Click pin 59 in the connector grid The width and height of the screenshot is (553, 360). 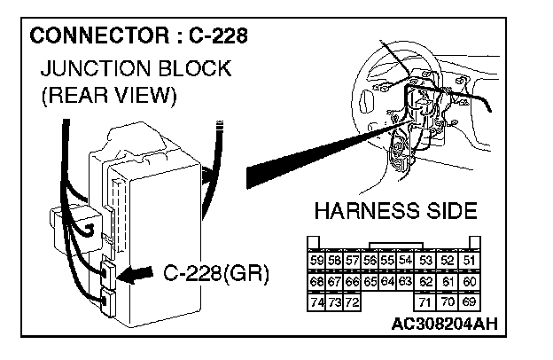click(315, 260)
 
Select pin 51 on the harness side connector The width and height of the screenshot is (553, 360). click(470, 260)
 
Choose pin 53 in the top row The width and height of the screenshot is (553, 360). click(426, 260)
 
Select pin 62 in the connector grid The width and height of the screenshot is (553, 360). click(426, 282)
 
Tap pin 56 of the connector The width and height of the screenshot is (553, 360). click(370, 260)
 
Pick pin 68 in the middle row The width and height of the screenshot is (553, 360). click(315, 282)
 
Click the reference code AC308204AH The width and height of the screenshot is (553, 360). click(443, 323)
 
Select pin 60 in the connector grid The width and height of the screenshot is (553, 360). click(470, 282)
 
